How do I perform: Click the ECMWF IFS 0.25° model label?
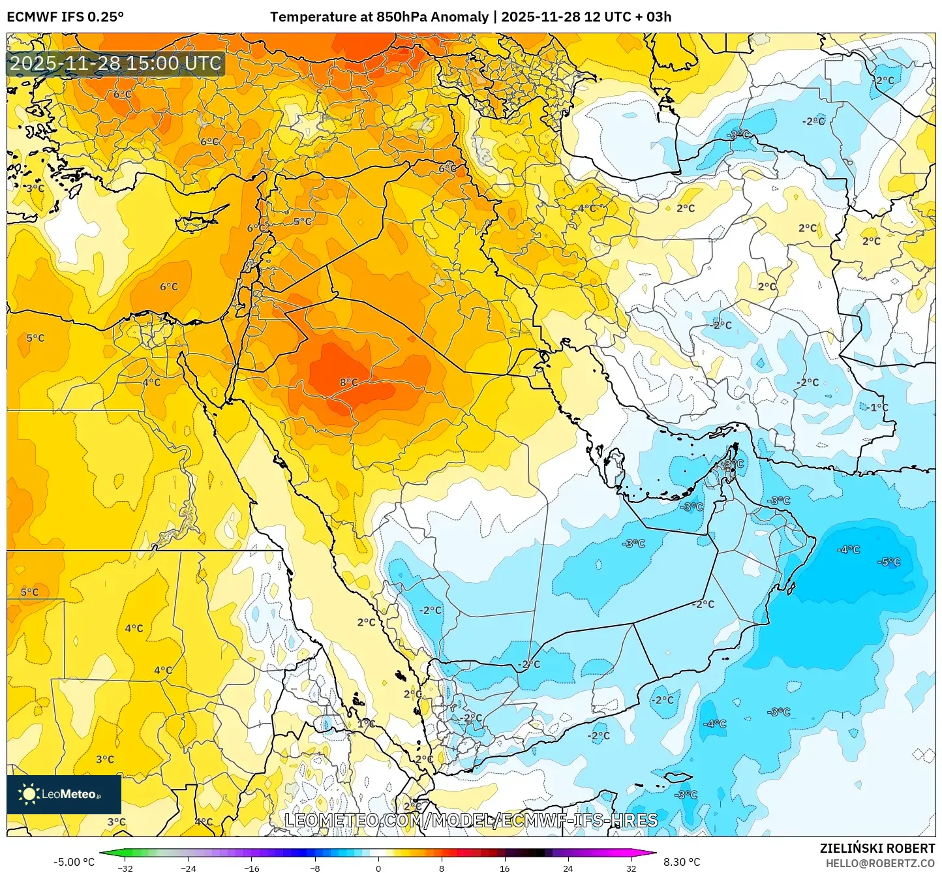pyautogui.click(x=65, y=17)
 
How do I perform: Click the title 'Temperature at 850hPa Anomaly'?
pyautogui.click(x=379, y=17)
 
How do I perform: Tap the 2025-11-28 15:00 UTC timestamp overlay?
pyautogui.click(x=116, y=63)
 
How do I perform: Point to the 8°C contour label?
pyautogui.click(x=348, y=382)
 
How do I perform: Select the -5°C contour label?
pyautogui.click(x=890, y=562)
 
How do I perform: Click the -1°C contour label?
pyautogui.click(x=877, y=407)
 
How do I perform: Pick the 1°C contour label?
pyautogui.click(x=366, y=724)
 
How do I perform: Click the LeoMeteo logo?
pyautogui.click(x=64, y=794)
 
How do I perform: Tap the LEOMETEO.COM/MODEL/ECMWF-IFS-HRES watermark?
pyautogui.click(x=471, y=820)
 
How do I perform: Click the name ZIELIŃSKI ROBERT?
pyautogui.click(x=877, y=848)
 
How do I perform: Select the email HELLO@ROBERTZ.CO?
pyautogui.click(x=880, y=863)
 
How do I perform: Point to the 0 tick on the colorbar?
pyautogui.click(x=378, y=868)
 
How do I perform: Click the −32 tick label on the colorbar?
pyautogui.click(x=125, y=868)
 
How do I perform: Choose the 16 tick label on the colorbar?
pyautogui.click(x=504, y=868)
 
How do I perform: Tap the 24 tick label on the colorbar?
pyautogui.click(x=568, y=868)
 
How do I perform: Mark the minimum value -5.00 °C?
pyautogui.click(x=74, y=862)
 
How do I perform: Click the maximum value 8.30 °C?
pyautogui.click(x=681, y=862)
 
